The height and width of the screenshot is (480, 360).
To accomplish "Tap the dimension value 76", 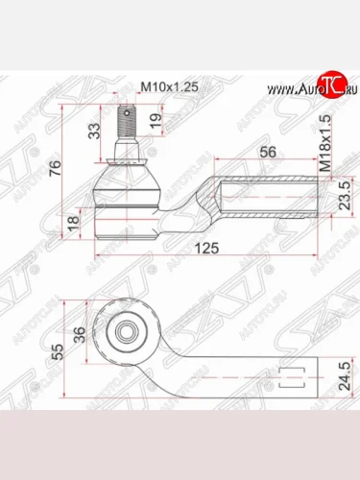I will click(x=56, y=170).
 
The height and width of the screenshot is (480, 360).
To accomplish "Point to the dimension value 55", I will click(x=56, y=350).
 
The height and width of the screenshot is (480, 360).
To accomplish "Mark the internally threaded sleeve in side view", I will click(x=269, y=196).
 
